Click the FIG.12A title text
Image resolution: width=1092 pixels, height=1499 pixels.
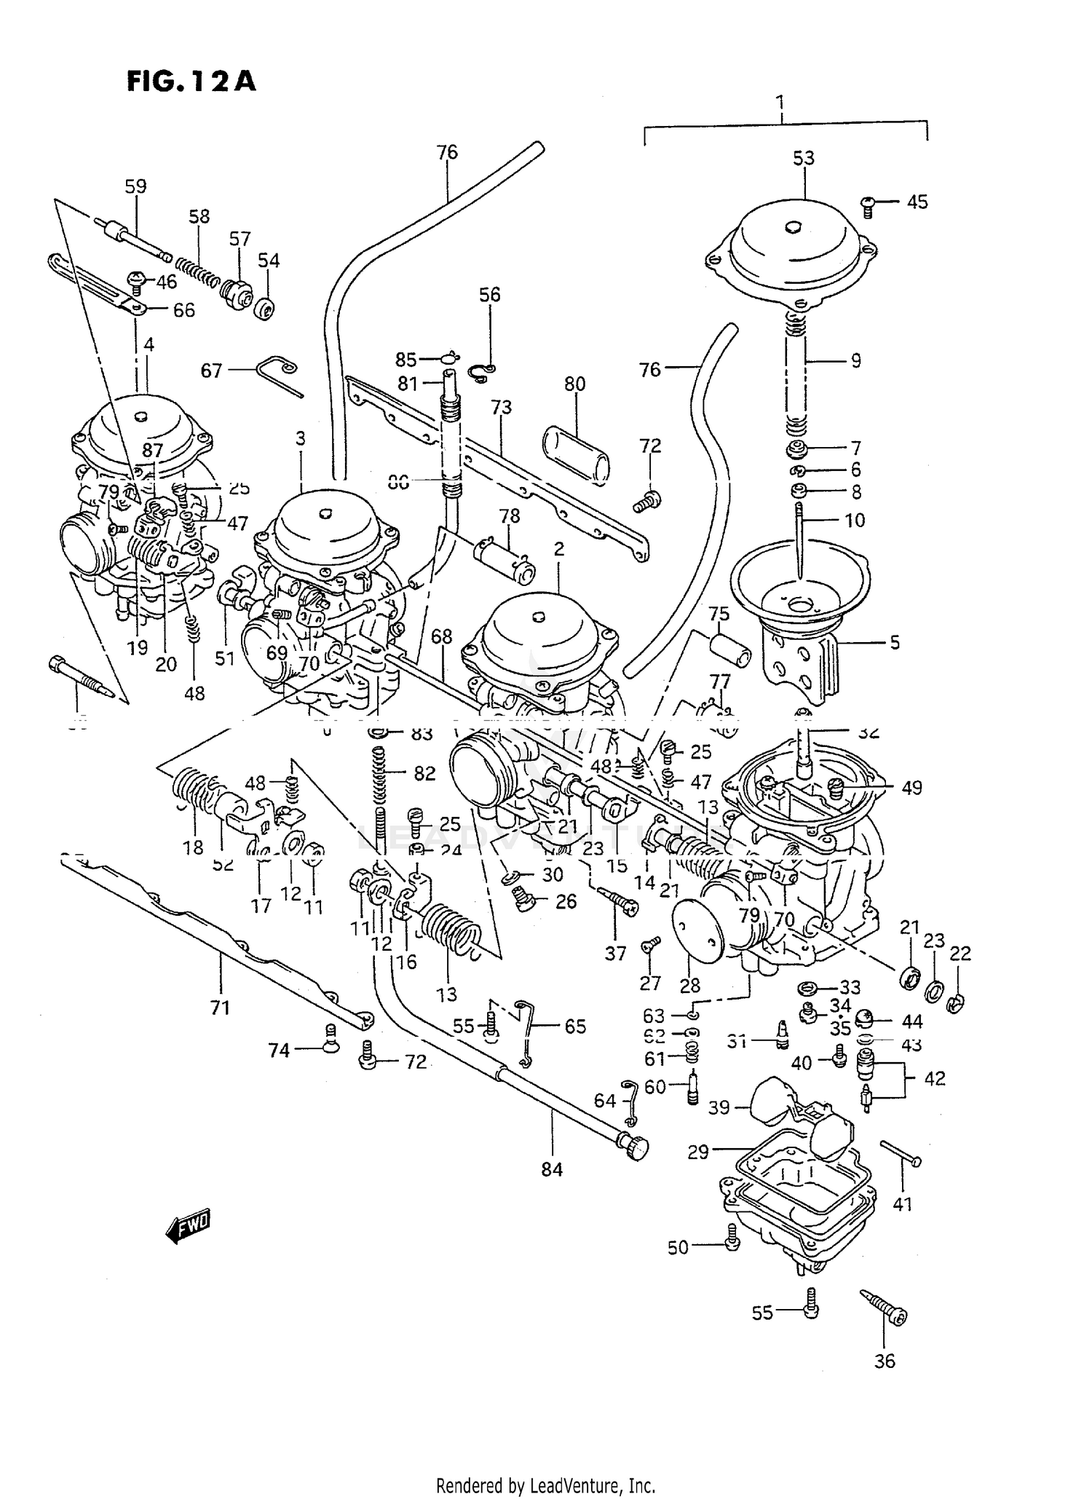coord(191,81)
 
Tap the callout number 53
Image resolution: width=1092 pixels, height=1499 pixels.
coord(803,158)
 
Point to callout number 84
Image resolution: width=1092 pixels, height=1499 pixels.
coord(552,1169)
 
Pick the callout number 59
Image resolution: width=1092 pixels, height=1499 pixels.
coord(135,186)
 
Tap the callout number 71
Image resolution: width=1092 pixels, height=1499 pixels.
coord(220,1008)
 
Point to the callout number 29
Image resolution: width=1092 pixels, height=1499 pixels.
coord(697,1152)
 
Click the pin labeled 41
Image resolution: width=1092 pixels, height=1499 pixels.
coord(901,1153)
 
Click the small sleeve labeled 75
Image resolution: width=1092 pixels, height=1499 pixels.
coord(729,649)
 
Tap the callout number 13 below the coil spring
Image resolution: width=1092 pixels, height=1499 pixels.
coord(446,993)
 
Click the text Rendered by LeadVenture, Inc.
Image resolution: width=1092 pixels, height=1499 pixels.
coord(545,1485)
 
